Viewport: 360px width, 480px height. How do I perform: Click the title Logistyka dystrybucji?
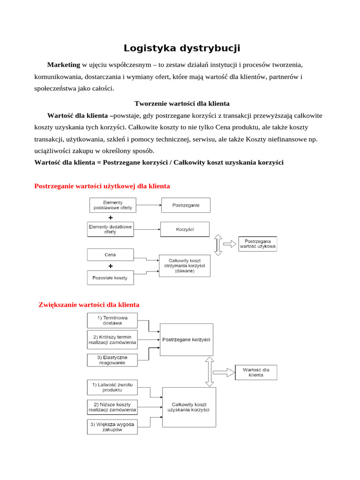point(182,48)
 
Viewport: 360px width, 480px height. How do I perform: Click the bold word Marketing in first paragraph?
point(64,64)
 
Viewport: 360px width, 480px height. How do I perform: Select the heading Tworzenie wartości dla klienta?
point(182,103)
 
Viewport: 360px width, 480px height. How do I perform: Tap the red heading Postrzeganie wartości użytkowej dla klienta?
point(102,186)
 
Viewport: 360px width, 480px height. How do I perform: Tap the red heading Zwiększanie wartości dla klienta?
point(89,305)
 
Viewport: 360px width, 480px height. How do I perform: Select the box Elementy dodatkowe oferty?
point(111,229)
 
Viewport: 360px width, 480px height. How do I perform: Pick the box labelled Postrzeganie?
point(186,205)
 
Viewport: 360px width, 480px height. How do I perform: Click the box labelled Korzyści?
point(185,229)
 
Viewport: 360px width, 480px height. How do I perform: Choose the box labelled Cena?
point(111,255)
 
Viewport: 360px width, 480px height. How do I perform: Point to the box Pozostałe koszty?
point(111,277)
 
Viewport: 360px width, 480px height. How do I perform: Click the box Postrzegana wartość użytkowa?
point(257,244)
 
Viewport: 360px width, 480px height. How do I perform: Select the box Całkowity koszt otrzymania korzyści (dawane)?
point(184,266)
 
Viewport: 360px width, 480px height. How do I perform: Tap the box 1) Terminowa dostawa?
point(112,321)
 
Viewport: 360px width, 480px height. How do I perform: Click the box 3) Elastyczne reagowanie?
point(112,360)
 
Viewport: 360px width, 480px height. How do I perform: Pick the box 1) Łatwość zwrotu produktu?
point(112,387)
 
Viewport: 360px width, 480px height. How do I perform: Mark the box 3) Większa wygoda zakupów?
point(112,427)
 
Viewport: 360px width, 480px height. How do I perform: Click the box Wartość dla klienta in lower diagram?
point(256,372)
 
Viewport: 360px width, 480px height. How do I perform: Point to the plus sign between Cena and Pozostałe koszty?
point(111,266)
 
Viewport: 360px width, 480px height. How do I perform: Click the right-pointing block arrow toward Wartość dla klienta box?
point(224,372)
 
